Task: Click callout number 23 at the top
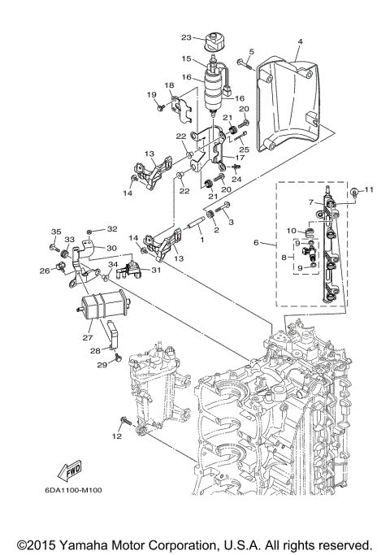[186, 38]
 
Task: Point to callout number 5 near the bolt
[251, 52]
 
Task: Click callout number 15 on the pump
[186, 59]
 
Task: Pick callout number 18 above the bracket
[170, 85]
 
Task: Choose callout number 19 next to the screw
[152, 95]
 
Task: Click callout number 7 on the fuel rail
[310, 202]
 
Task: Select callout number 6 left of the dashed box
[258, 243]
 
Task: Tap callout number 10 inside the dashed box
[291, 231]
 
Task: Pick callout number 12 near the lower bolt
[117, 436]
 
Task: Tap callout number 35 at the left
[55, 232]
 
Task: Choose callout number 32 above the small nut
[112, 229]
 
